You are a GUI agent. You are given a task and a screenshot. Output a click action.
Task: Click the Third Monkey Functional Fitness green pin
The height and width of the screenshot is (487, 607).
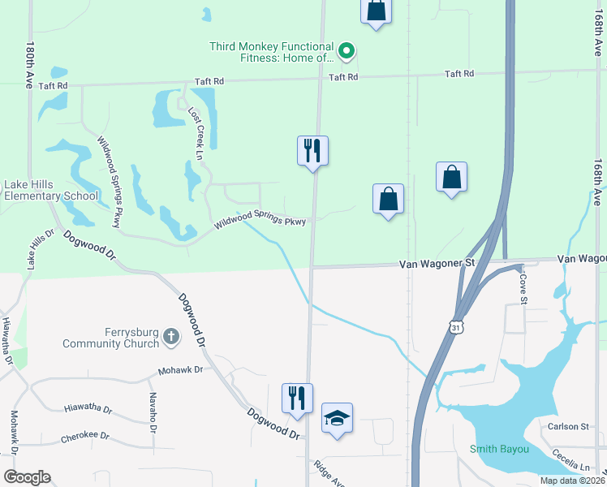pyautogui.click(x=347, y=53)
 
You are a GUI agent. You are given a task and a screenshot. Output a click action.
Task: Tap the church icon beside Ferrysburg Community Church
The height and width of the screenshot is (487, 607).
pyautogui.click(x=170, y=336)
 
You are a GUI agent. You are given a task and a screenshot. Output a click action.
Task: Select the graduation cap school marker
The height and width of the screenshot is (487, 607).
pyautogui.click(x=337, y=418)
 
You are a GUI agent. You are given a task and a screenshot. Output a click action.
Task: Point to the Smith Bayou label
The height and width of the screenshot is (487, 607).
pyautogui.click(x=498, y=449)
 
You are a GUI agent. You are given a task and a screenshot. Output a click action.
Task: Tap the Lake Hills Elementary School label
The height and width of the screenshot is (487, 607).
pyautogui.click(x=51, y=190)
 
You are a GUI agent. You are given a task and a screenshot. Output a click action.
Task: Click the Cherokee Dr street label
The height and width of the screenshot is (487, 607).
pyautogui.click(x=84, y=437)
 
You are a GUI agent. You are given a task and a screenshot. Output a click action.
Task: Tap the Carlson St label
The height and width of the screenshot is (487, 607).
pyautogui.click(x=568, y=426)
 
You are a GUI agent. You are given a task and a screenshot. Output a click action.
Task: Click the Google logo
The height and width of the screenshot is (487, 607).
pyautogui.click(x=27, y=477)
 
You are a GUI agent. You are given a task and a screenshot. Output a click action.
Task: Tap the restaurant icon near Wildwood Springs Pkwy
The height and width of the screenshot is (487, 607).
pyautogui.click(x=312, y=150)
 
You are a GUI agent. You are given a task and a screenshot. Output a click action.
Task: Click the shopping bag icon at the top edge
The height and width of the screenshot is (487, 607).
pyautogui.click(x=376, y=11)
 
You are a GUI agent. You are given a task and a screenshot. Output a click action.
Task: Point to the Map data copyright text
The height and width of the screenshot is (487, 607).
pyautogui.click(x=571, y=481)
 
